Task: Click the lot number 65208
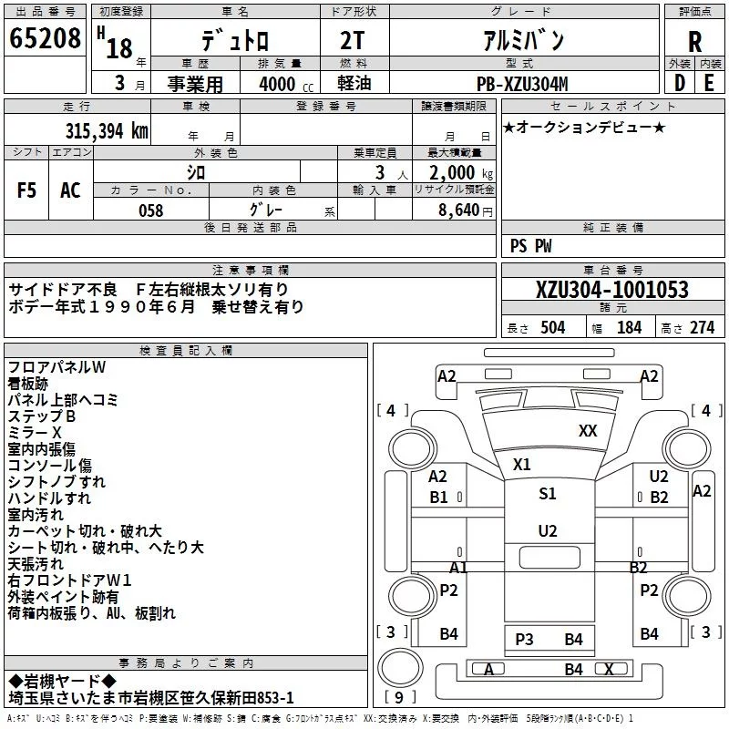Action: [x=45, y=39]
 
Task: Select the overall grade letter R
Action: [x=694, y=41]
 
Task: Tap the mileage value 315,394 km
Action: [x=106, y=130]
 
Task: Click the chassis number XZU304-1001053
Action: [x=612, y=291]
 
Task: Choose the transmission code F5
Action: [x=26, y=190]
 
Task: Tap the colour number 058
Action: [x=151, y=210]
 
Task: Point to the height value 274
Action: [x=702, y=328]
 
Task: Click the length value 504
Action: [x=552, y=328]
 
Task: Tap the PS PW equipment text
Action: [x=530, y=246]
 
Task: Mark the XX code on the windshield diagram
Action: [x=588, y=431]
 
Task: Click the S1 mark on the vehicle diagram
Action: [x=547, y=494]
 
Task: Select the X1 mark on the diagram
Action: [x=521, y=464]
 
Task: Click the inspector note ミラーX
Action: [x=35, y=432]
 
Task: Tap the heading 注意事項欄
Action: [x=250, y=271]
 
